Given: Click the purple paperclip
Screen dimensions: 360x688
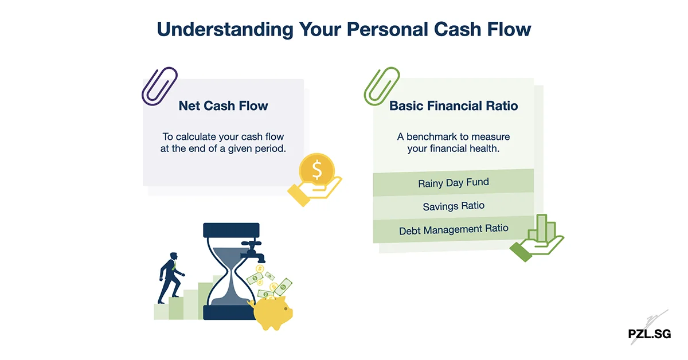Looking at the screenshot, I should [x=159, y=87].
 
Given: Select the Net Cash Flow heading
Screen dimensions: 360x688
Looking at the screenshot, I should [x=223, y=106].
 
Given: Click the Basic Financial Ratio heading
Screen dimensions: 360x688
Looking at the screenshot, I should [x=454, y=106].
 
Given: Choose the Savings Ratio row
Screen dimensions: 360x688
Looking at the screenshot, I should [x=453, y=206].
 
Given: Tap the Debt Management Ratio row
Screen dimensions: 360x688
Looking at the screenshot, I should [x=453, y=229].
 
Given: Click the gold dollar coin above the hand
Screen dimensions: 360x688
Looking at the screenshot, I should [x=316, y=169].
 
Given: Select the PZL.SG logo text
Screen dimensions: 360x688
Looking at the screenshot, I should [x=649, y=334].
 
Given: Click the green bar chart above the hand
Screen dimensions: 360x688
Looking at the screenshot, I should [x=541, y=229].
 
